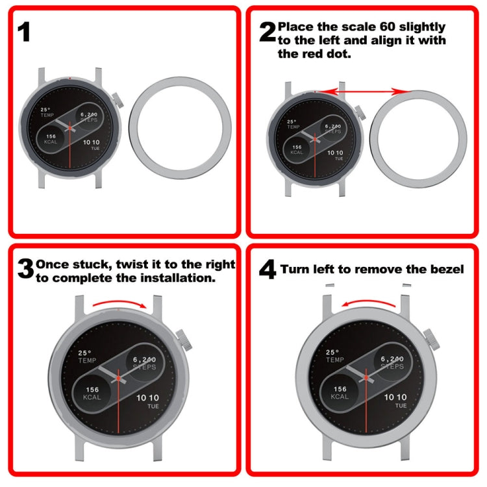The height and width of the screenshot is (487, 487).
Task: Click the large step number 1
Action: click(x=24, y=32)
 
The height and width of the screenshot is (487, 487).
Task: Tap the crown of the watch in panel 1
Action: click(x=117, y=101)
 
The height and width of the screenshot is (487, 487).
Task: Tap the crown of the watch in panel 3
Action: click(x=183, y=338)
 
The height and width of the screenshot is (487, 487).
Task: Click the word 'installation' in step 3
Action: click(x=175, y=277)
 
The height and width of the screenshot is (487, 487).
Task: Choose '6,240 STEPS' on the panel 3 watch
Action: click(x=145, y=362)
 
